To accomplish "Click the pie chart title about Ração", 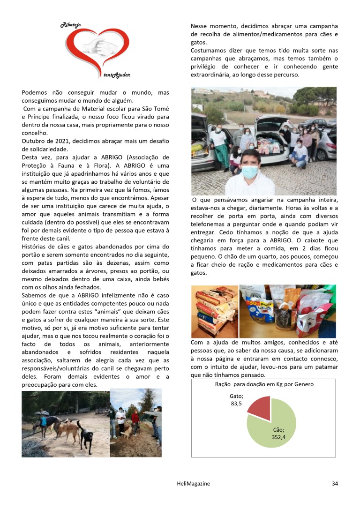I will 263,384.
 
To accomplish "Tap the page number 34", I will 334,484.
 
